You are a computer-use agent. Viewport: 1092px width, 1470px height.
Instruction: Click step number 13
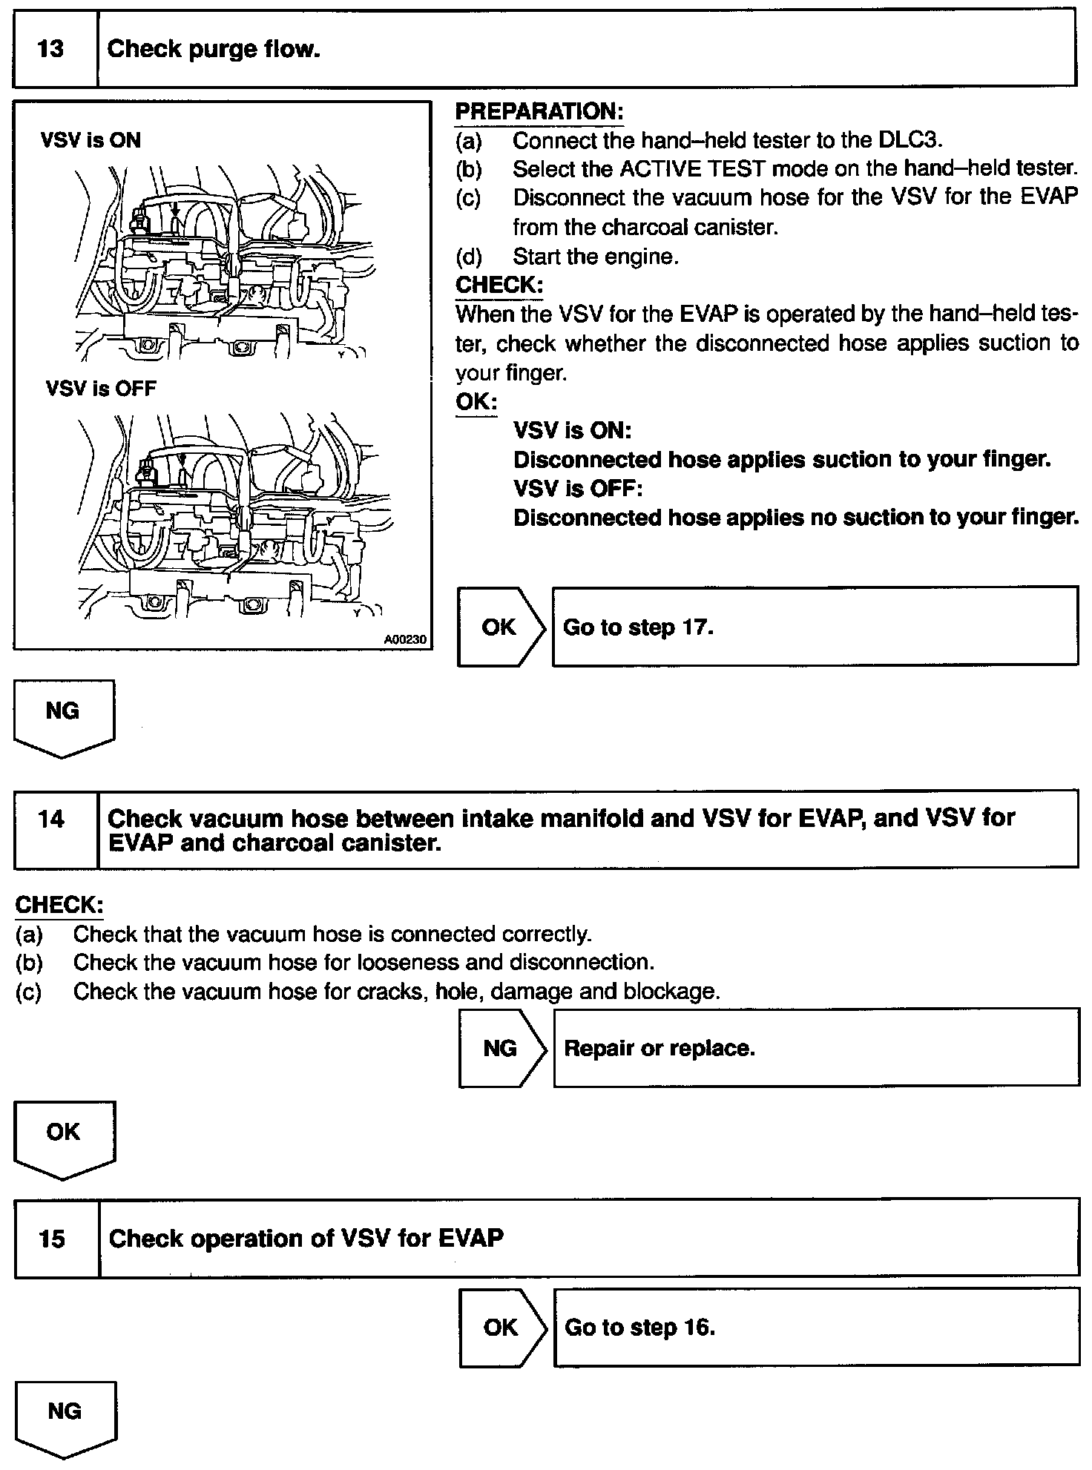(x=50, y=50)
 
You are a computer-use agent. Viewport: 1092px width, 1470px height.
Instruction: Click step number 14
(x=51, y=820)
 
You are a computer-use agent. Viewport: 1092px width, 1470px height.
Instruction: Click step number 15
(x=52, y=1239)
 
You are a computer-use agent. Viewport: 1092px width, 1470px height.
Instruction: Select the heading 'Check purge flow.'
(x=214, y=50)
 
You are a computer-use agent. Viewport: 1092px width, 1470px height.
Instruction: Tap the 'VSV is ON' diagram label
(x=91, y=140)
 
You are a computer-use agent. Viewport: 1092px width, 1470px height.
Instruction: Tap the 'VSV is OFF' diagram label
(x=101, y=388)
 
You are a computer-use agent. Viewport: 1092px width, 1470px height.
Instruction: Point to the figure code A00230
(x=405, y=639)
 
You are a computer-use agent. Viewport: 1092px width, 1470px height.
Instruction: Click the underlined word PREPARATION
(x=539, y=112)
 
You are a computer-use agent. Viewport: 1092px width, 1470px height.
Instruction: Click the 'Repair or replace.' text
(x=660, y=1048)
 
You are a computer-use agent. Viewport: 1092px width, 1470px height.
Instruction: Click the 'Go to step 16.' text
(x=639, y=1328)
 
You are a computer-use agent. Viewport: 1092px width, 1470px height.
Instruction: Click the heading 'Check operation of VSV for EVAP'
(x=306, y=1239)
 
